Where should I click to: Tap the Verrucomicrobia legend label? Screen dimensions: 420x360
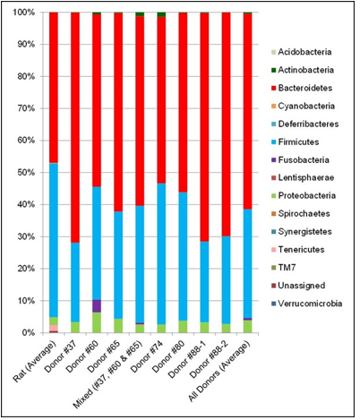pos(311,304)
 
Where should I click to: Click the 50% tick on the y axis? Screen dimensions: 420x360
pos(25,173)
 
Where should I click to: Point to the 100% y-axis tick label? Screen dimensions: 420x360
pos(22,13)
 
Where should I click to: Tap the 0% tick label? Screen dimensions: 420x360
pos(28,333)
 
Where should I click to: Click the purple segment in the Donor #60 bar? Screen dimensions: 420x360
pos(96,305)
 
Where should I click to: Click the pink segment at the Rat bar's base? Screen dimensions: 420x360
pos(53,329)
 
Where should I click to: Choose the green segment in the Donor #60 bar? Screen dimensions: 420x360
pos(96,322)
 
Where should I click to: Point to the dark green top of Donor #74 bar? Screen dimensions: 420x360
pos(160,15)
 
